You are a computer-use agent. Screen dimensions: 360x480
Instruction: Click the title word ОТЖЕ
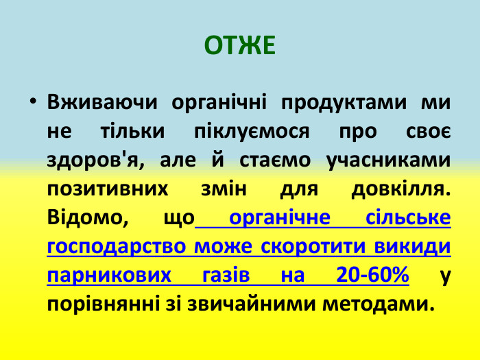coord(240,45)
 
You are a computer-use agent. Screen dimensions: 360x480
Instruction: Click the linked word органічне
coord(280,218)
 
